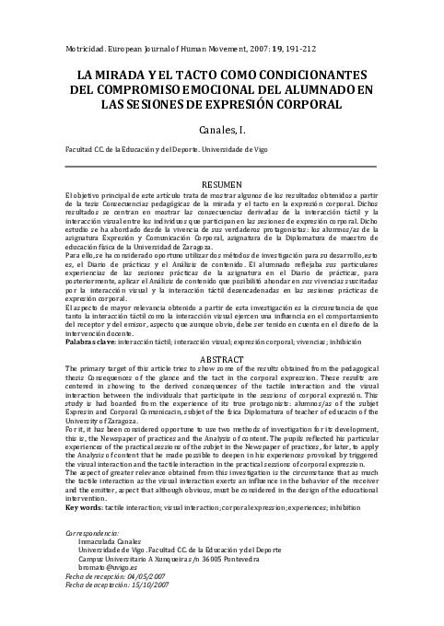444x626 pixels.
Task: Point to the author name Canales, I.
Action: click(221, 130)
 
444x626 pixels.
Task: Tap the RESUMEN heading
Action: click(221, 184)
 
